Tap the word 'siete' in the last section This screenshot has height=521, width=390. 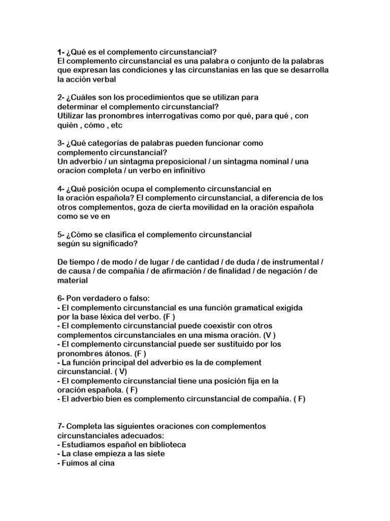[155, 453]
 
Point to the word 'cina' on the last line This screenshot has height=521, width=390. [107, 462]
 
